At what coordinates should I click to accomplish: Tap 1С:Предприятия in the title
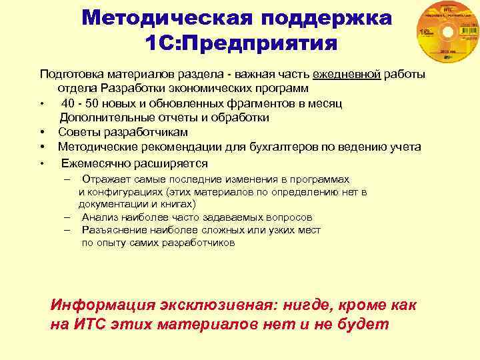tap(241, 44)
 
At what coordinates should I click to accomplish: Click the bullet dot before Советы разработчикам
tap(42, 133)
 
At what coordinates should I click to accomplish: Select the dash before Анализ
tap(67, 217)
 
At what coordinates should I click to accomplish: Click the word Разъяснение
tap(111, 230)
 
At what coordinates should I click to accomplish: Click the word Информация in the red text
tap(101, 305)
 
